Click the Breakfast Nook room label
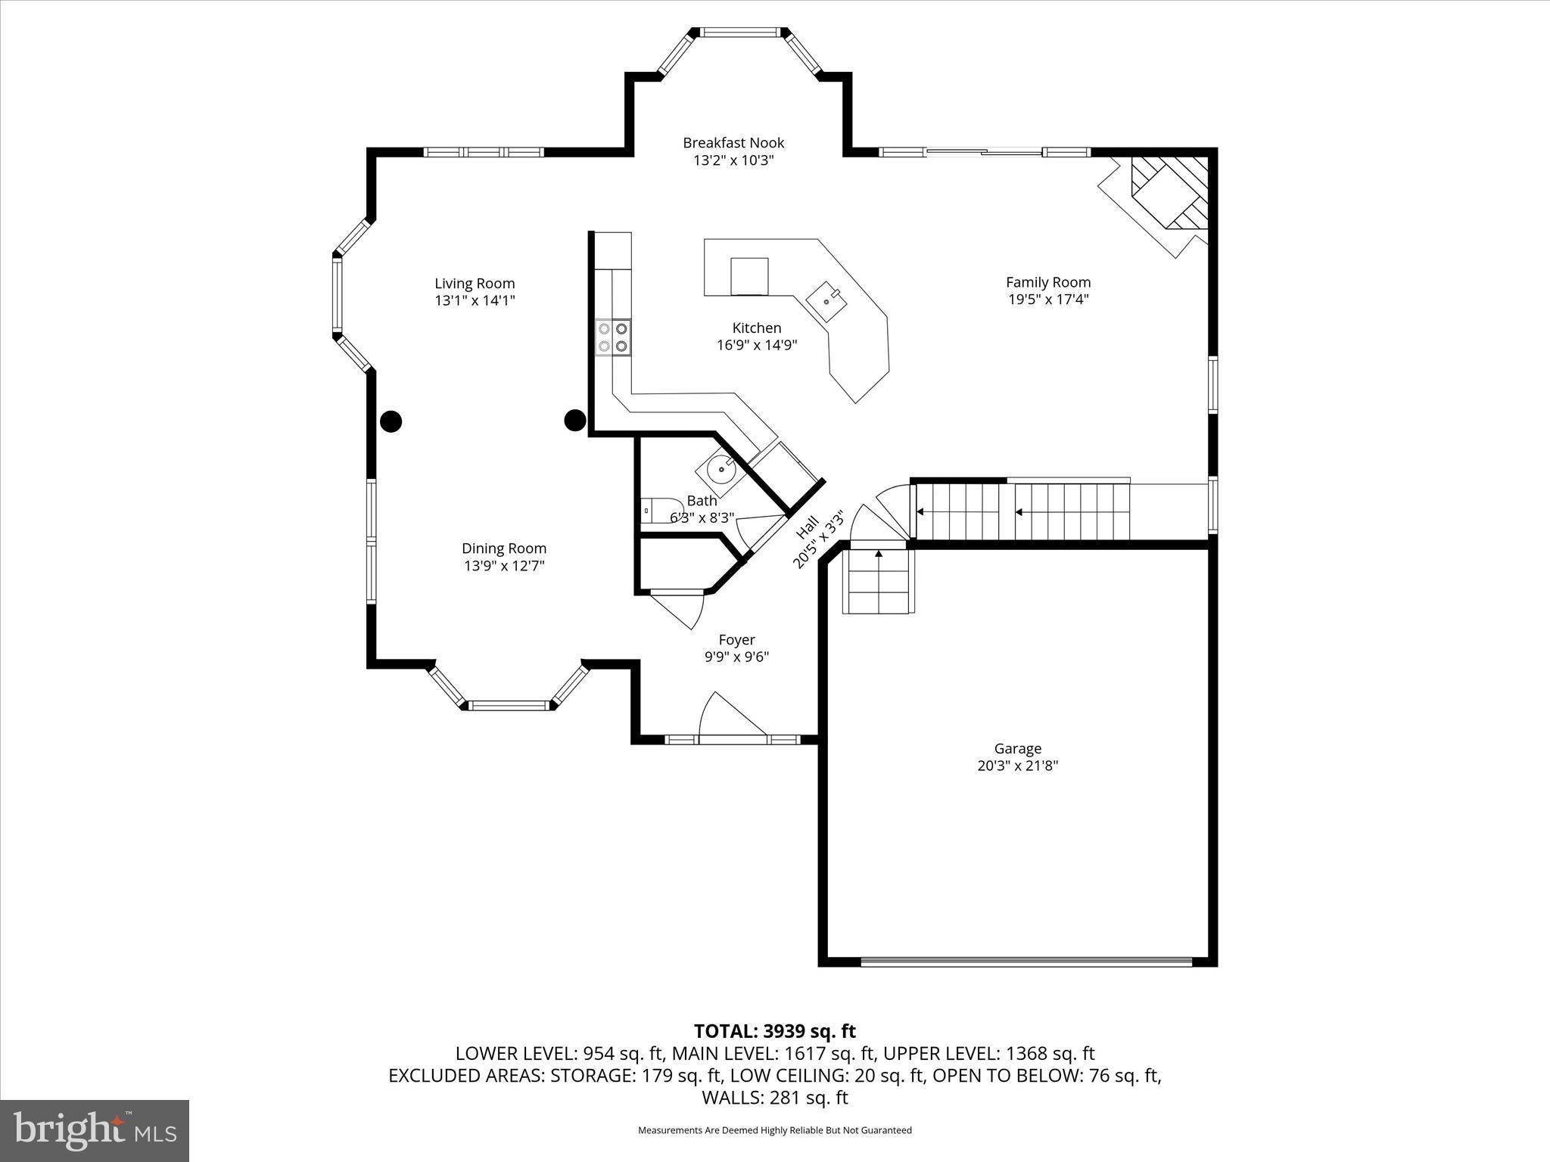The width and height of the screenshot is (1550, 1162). (x=733, y=142)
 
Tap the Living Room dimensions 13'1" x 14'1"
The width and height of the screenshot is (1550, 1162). (x=475, y=300)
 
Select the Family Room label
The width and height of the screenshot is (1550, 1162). (x=1047, y=282)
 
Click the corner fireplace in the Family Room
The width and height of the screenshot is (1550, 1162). (x=1166, y=195)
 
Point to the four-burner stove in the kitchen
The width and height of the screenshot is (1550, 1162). (x=613, y=337)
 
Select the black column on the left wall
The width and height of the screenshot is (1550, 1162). (x=391, y=421)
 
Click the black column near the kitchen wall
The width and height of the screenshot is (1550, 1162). (x=575, y=420)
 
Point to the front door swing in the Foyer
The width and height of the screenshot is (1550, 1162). (x=730, y=716)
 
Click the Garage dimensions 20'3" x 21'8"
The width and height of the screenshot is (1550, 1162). (x=1017, y=766)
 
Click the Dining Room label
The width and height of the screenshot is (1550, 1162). (x=504, y=548)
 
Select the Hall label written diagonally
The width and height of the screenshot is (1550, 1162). (x=808, y=527)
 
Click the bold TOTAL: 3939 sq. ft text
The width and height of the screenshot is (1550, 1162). (x=774, y=1031)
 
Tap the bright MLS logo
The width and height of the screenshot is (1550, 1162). (x=95, y=1130)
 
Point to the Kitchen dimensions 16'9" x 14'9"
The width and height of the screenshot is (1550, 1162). (x=757, y=345)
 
